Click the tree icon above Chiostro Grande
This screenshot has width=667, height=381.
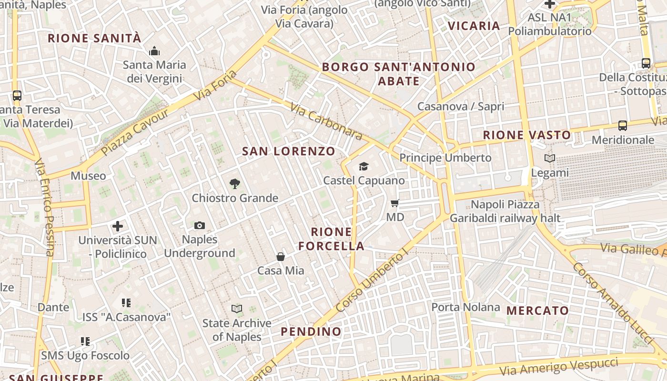(x=234, y=183)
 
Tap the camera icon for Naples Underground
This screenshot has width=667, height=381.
(x=200, y=225)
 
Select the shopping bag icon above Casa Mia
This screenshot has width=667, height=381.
(x=281, y=257)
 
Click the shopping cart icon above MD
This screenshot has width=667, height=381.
(x=395, y=203)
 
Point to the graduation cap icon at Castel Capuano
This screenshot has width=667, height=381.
(x=364, y=166)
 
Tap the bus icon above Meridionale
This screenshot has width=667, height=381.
(x=623, y=126)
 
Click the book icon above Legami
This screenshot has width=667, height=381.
(x=550, y=159)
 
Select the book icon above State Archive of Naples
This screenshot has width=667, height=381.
(x=237, y=309)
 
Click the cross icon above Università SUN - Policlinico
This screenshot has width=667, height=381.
(x=118, y=226)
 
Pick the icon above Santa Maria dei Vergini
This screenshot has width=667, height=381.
(x=154, y=51)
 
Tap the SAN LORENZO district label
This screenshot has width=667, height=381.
(x=289, y=151)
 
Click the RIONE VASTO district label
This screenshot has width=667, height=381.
(x=527, y=135)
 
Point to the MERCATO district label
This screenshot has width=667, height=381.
(x=537, y=311)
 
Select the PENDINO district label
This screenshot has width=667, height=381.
(x=311, y=331)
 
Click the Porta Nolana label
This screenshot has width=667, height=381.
(x=465, y=307)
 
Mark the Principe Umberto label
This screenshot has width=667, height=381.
(x=445, y=158)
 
